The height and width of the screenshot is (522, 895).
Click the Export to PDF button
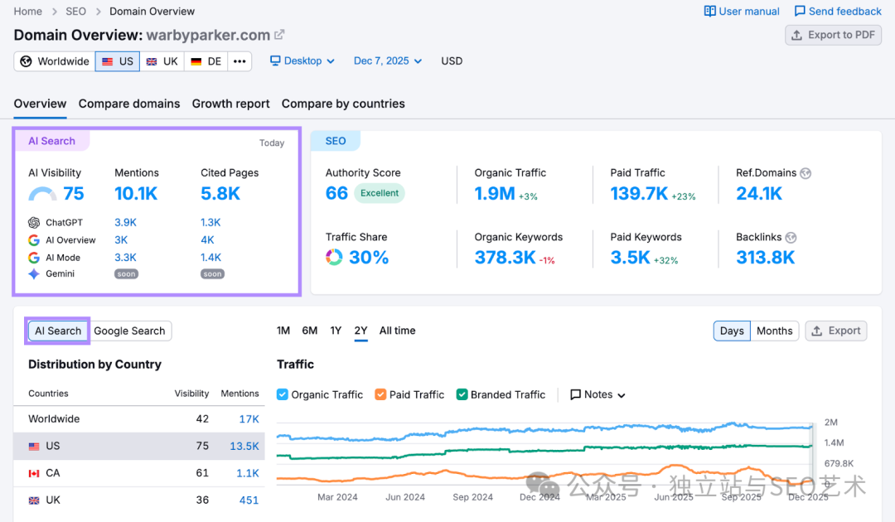(x=833, y=35)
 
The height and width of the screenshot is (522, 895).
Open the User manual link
(x=742, y=12)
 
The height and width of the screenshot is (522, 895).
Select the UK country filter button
(x=162, y=61)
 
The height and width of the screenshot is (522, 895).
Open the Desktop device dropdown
(x=302, y=61)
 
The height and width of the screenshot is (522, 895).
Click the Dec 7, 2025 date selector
(x=387, y=61)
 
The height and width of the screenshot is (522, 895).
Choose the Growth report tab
(x=230, y=104)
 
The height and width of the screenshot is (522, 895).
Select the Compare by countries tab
(x=343, y=104)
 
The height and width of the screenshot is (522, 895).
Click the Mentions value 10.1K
(x=136, y=194)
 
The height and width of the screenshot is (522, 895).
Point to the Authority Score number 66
(x=336, y=193)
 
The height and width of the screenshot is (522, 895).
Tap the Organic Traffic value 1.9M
(x=494, y=194)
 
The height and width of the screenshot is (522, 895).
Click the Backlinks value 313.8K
(x=765, y=258)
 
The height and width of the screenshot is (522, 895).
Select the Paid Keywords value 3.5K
(x=630, y=258)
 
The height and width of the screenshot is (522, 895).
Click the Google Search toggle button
(x=129, y=331)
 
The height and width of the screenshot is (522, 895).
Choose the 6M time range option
(x=309, y=331)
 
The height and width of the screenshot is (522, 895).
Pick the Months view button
(x=774, y=331)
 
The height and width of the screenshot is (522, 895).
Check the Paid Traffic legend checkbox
(x=380, y=394)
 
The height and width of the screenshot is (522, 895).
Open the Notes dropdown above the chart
(x=597, y=394)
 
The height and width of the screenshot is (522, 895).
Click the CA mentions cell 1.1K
(x=248, y=473)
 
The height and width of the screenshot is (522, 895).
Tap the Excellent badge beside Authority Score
(x=380, y=193)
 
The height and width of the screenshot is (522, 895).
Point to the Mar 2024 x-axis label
(x=337, y=497)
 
